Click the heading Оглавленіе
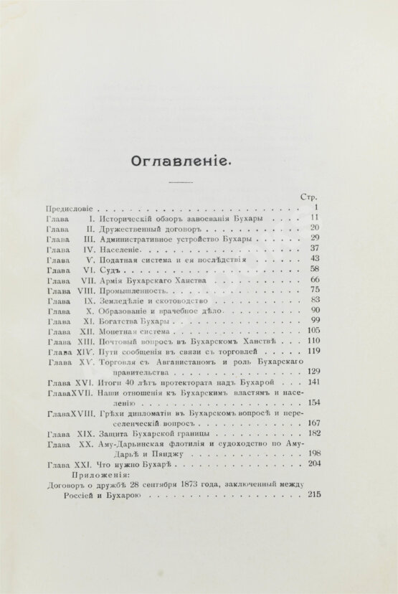point(179,161)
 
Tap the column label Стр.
point(308,196)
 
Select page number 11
point(314,217)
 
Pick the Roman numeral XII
point(87,332)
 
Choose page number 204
point(313,463)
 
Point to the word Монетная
point(119,332)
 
